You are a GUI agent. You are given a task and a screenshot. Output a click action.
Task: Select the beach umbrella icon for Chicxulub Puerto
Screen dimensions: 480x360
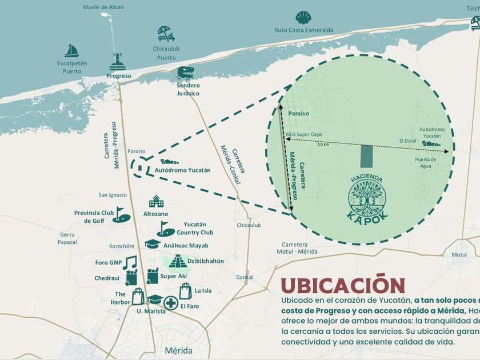click(166, 34)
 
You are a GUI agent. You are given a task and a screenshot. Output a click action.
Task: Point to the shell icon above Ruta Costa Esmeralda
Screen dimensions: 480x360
click(303, 18)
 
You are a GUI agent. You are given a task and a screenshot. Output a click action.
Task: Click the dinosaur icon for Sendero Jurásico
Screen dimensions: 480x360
click(186, 73)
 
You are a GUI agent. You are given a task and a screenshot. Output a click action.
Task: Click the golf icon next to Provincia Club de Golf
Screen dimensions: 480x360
click(121, 214)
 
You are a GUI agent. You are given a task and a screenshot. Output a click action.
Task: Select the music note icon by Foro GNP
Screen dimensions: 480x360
click(130, 263)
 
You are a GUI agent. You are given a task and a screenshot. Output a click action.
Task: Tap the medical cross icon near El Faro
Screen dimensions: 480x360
click(170, 302)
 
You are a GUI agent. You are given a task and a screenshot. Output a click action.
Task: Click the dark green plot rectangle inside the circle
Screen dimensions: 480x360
click(366, 154)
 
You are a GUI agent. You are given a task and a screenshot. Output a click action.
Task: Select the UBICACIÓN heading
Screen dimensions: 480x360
click(342, 284)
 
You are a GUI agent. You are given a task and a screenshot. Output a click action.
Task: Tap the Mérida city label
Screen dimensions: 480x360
click(178, 350)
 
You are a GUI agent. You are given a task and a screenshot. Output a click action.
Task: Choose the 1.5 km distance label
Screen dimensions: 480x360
click(323, 144)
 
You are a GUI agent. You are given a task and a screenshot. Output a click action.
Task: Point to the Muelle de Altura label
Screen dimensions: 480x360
click(103, 7)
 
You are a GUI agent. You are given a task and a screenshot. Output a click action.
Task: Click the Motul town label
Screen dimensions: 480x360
click(459, 254)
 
